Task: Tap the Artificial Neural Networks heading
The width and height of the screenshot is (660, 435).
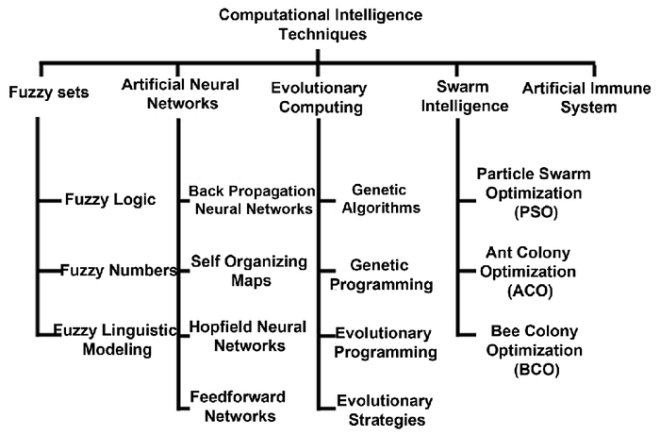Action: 180,93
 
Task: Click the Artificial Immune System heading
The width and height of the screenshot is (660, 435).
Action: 584,97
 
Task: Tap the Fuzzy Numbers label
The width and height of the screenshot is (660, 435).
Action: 120,271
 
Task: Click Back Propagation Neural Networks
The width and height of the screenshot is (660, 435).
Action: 250,199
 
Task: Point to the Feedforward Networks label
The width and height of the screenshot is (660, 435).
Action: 238,406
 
